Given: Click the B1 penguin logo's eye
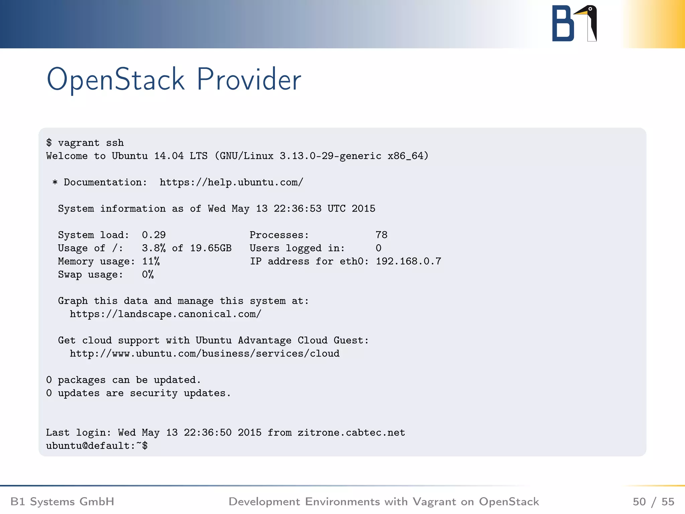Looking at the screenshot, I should pyautogui.click(x=590, y=9).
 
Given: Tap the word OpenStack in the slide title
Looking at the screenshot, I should pyautogui.click(x=115, y=79).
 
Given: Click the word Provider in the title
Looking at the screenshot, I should pyautogui.click(x=249, y=79).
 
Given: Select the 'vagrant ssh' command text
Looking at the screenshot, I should pyautogui.click(x=91, y=143).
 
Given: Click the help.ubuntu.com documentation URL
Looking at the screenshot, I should pyautogui.click(x=231, y=182).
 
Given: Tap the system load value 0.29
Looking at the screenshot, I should pyautogui.click(x=154, y=235).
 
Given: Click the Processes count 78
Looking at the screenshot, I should pyautogui.click(x=381, y=235).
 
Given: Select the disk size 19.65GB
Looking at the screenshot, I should pyautogui.click(x=211, y=248).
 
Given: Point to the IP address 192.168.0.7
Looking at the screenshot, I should pyautogui.click(x=408, y=261).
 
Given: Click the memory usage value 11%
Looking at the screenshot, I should pyautogui.click(x=151, y=261).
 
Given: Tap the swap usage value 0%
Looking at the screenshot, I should pyautogui.click(x=148, y=275).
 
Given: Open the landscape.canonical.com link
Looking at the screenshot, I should pyautogui.click(x=165, y=314).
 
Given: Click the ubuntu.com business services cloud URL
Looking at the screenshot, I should pyautogui.click(x=204, y=354).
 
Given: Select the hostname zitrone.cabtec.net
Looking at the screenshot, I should pyautogui.click(x=351, y=433).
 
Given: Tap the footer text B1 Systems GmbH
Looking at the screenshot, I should pyautogui.click(x=63, y=502).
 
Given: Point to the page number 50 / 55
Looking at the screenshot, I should pyautogui.click(x=653, y=502).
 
